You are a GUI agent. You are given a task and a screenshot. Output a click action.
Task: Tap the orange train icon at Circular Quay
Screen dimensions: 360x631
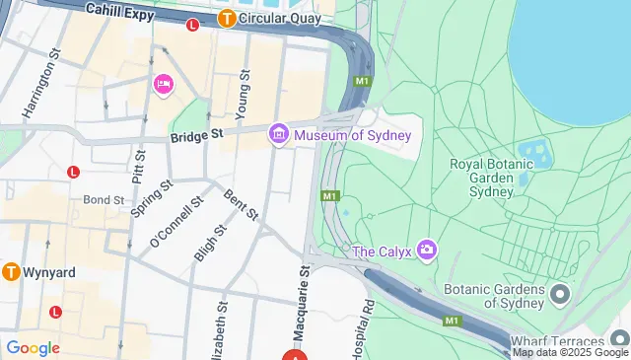pos(227,17)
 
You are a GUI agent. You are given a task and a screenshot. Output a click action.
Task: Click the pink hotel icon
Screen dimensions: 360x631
pos(163,86)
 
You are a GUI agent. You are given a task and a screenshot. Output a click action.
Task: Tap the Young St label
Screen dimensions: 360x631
pos(245,93)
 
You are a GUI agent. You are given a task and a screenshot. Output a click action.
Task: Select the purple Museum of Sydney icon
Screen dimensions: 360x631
pos(279,132)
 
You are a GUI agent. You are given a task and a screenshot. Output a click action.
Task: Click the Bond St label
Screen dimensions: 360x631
pos(104,199)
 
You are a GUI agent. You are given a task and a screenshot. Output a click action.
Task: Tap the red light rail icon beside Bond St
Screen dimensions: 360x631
pos(73,172)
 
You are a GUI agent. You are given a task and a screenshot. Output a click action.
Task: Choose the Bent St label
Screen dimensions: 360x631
pos(242,204)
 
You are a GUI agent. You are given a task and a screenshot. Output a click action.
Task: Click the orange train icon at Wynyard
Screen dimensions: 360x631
pos(12,270)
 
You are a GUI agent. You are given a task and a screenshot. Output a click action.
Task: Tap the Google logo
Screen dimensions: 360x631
pos(33,347)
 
